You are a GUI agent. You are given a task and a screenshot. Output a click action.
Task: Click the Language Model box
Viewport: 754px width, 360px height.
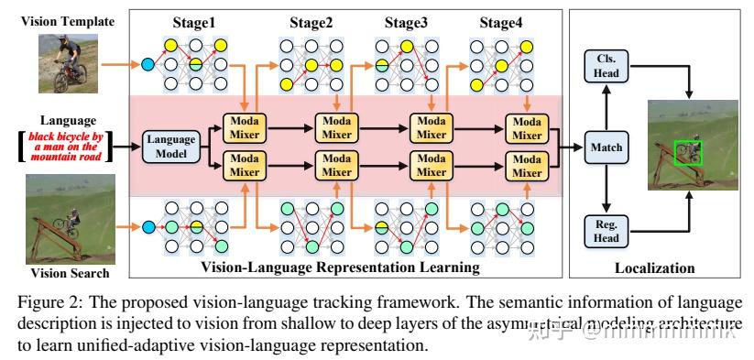point(171,146)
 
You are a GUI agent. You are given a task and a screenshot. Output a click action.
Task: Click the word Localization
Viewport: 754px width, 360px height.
point(654,268)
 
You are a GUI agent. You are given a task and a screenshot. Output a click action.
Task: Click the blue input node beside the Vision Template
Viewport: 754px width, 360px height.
point(148,64)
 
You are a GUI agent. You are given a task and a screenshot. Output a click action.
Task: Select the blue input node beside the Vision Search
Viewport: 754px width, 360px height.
point(148,226)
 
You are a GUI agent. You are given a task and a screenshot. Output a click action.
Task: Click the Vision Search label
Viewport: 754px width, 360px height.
point(63,273)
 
